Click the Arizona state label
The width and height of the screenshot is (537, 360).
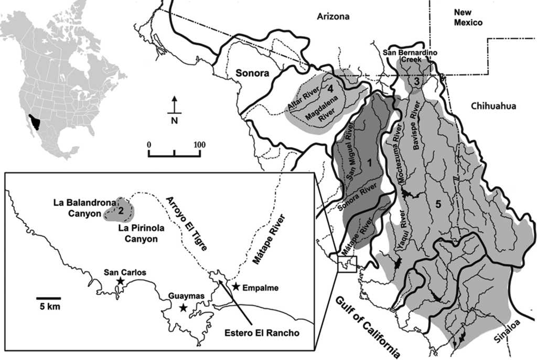[333, 17]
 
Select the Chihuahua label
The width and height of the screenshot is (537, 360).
[493, 106]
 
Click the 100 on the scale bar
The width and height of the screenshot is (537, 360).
[199, 144]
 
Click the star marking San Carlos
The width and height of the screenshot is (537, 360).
[120, 282]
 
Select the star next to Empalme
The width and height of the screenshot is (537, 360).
[236, 287]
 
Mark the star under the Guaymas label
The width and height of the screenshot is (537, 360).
[182, 308]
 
